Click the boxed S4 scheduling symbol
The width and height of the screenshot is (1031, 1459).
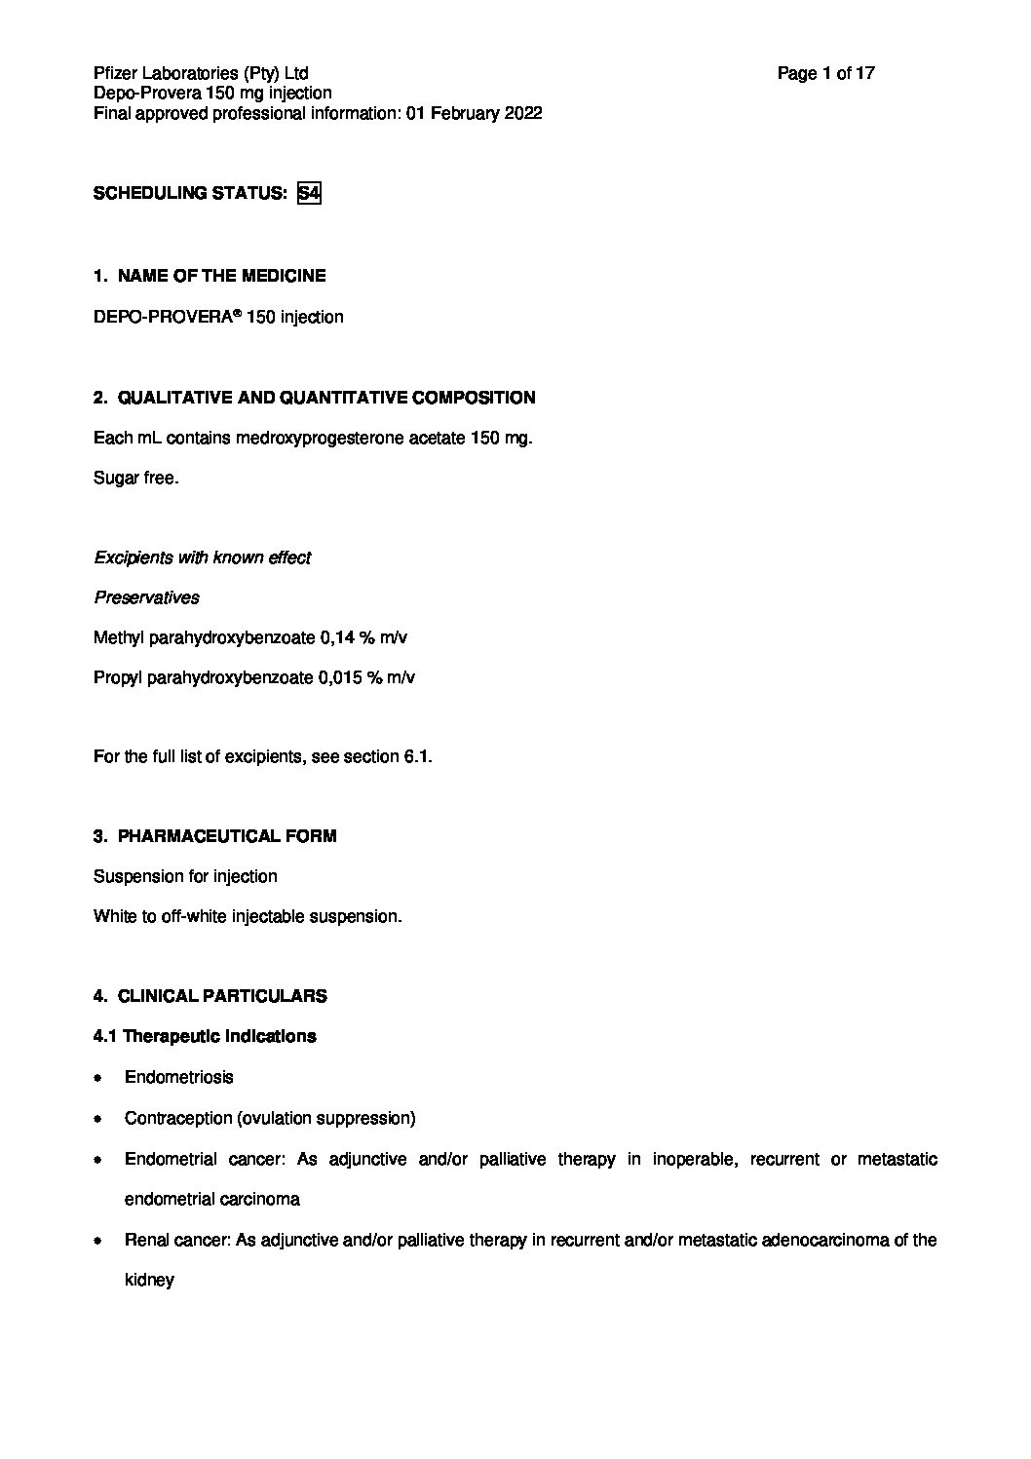click(x=309, y=193)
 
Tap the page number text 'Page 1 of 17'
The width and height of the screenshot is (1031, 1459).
click(x=825, y=73)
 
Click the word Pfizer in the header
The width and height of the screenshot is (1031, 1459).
click(x=116, y=73)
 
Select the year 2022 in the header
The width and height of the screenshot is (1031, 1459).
click(x=522, y=113)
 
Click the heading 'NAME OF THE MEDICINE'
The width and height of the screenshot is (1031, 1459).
click(x=221, y=276)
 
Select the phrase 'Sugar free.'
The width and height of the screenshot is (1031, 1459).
click(x=135, y=479)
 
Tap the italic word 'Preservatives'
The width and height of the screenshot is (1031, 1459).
click(x=146, y=597)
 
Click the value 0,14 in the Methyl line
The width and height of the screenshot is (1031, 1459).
click(x=340, y=637)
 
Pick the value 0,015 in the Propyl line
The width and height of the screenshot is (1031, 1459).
click(x=340, y=677)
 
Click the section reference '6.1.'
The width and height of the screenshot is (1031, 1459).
click(x=417, y=756)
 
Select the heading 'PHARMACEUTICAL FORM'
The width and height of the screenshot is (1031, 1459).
click(x=226, y=836)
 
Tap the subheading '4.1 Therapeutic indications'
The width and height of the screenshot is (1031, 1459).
click(x=205, y=1036)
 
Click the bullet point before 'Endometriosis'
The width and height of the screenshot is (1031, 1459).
click(x=98, y=1079)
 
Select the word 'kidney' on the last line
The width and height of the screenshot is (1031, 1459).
click(x=149, y=1280)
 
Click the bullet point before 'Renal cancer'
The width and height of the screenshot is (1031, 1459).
click(x=98, y=1242)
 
